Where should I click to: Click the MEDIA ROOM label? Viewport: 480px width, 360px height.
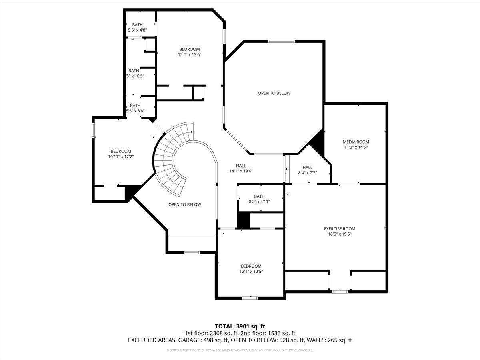[356, 142]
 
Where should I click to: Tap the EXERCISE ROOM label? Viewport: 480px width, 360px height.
[339, 229]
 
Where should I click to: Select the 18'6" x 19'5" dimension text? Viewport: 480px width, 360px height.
[339, 234]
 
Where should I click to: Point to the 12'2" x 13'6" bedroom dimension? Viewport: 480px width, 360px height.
[189, 55]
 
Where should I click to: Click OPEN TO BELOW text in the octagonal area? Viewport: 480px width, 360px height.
[274, 93]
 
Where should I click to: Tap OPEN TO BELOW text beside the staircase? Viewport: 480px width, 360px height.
[184, 204]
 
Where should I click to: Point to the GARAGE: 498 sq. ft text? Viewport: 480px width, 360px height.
[204, 340]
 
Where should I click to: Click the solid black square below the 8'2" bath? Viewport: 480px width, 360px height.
[244, 220]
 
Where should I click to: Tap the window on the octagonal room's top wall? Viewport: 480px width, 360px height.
[281, 41]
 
